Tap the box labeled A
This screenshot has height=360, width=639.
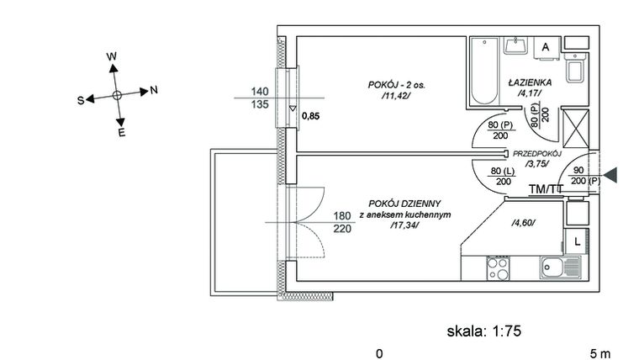click(546, 48)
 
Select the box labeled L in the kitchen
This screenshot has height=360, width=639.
click(578, 241)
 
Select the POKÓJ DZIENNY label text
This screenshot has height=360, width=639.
click(404, 203)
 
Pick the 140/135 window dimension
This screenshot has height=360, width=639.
click(260, 98)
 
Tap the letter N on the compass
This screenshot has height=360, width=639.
click(155, 90)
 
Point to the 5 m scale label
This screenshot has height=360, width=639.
click(600, 353)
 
